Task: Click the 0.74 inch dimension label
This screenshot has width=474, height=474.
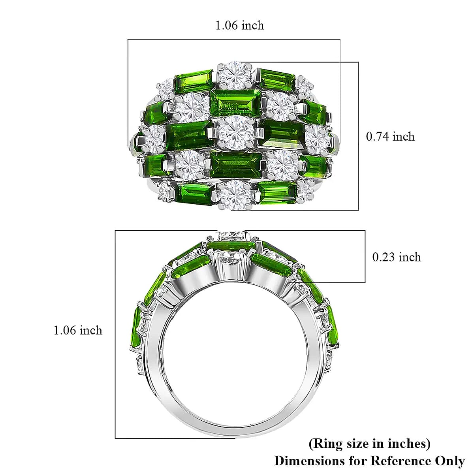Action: [x=390, y=137]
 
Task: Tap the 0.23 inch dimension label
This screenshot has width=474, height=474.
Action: [x=397, y=257]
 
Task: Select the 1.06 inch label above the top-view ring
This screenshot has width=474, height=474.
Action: [x=239, y=26]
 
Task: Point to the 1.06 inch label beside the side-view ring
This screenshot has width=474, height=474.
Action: [x=78, y=330]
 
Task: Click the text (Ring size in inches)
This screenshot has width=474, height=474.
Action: [x=369, y=444]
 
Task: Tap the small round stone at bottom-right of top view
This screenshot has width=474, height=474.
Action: [x=305, y=190]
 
